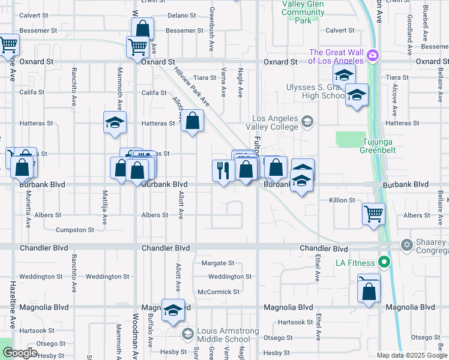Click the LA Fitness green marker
point(384,263)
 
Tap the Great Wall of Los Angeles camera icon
point(373,55)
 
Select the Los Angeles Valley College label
point(272,123)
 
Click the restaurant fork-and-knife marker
point(223,170)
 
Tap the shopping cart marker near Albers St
point(373,213)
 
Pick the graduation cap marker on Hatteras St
point(114,123)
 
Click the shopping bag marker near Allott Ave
point(192,121)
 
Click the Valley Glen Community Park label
point(303,12)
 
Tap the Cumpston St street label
point(75,230)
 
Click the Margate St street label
point(218,263)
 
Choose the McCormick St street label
point(218,292)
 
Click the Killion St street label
point(342,200)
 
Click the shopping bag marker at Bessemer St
point(143,28)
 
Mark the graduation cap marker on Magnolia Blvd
point(173,310)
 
